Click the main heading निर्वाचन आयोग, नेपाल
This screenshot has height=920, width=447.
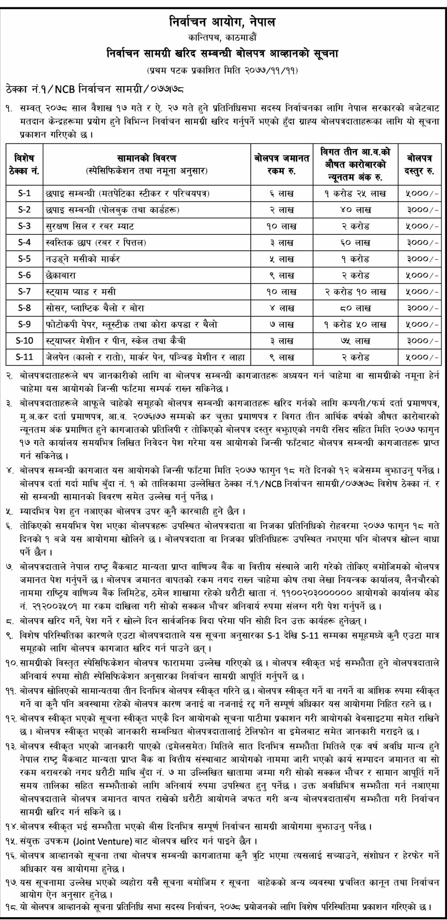[x=222, y=23]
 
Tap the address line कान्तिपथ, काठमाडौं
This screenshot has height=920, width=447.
[x=222, y=37]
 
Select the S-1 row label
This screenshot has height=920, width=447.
[x=24, y=193]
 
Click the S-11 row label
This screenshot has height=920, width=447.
[x=24, y=357]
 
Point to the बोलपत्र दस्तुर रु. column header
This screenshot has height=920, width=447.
[x=419, y=164]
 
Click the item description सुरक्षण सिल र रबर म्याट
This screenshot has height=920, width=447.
[x=90, y=226]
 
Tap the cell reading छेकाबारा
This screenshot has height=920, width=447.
[x=61, y=276]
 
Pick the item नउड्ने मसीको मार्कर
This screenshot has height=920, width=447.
[x=83, y=259]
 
